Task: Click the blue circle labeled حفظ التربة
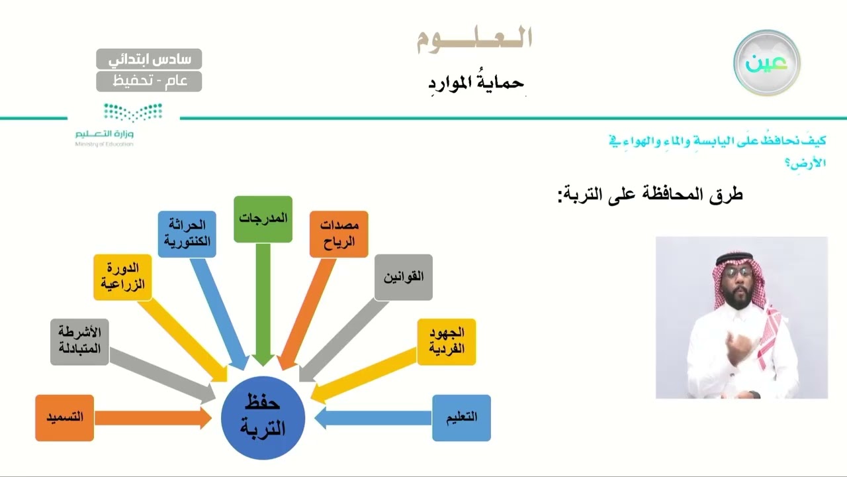point(264,417)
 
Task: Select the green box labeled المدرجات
point(263,219)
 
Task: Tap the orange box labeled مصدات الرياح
point(339,234)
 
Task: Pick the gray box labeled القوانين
point(403,277)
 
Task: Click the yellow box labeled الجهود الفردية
point(446,341)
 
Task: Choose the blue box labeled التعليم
point(461,417)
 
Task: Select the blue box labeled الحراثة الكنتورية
point(187,234)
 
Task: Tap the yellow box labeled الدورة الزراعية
point(122,277)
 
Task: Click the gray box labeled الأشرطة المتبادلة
point(79,341)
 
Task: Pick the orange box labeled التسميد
point(64,417)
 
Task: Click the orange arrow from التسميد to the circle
point(152,417)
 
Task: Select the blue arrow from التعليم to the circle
point(374,417)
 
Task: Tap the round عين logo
point(767,63)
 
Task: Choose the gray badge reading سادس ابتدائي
point(149,59)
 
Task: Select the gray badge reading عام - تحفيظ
point(149,81)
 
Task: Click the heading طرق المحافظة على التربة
point(650,195)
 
